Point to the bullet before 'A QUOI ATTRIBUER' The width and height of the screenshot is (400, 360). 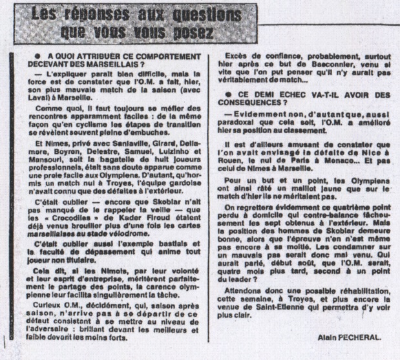(x=40, y=57)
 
